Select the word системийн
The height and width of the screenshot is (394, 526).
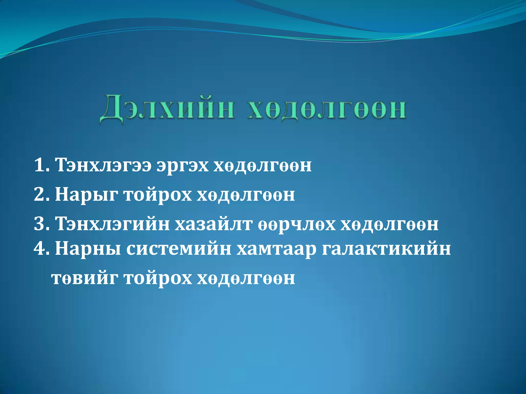pos(179,249)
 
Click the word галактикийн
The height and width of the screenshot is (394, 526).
pos(386,249)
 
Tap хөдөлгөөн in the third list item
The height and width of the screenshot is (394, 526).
pos(389,224)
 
